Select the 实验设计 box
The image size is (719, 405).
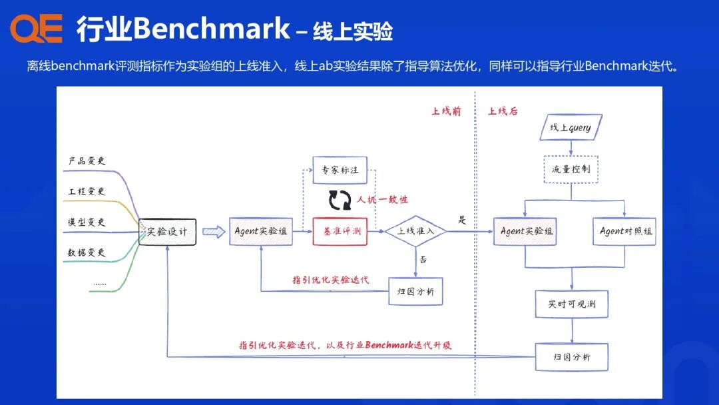[x=167, y=232]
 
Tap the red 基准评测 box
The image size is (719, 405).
[x=340, y=231]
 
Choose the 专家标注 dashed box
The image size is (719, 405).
[x=340, y=170]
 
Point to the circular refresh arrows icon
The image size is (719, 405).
[x=340, y=199]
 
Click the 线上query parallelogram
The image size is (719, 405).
[x=571, y=127]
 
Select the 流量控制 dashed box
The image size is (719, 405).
[x=571, y=169]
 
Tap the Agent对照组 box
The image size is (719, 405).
[x=624, y=231]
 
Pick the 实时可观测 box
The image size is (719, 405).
[x=571, y=304]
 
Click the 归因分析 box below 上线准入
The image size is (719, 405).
[x=415, y=291]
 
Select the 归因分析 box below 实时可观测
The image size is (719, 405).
[x=571, y=357]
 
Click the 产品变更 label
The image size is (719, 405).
[x=87, y=161]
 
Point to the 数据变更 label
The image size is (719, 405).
[x=87, y=252]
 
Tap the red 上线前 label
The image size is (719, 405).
[x=446, y=111]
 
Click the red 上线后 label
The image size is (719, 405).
[x=503, y=111]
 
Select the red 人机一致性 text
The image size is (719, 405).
[x=382, y=199]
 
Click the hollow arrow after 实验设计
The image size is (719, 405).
[x=213, y=232]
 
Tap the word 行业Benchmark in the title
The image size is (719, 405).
[x=183, y=29]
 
